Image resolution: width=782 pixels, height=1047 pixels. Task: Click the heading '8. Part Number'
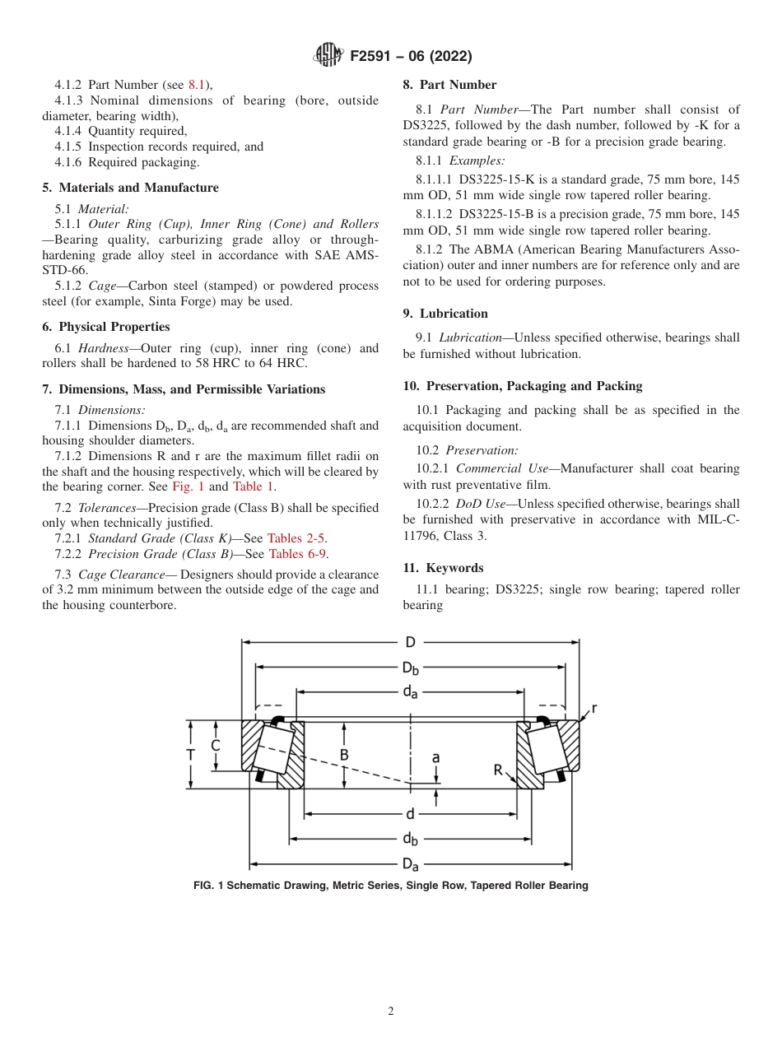[x=449, y=85]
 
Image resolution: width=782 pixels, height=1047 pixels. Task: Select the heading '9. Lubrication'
[x=445, y=314]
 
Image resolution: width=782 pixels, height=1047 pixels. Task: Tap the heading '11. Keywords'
[x=443, y=568]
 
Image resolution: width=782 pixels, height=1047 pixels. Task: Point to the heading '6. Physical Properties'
[x=106, y=327]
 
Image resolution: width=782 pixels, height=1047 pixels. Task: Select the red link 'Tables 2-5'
[x=297, y=538]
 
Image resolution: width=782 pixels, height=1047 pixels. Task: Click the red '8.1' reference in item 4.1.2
[x=198, y=85]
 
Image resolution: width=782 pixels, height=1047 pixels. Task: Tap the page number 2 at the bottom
[x=391, y=1012]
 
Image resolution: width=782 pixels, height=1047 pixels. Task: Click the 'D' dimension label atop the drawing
[x=410, y=642]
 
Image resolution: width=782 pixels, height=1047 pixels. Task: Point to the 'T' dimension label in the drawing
[x=191, y=755]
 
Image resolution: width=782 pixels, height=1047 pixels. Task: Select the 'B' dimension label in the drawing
[x=344, y=755]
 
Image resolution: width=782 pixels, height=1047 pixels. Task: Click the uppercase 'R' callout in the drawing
[x=498, y=770]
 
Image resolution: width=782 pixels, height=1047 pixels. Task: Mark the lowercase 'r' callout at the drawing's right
[x=594, y=708]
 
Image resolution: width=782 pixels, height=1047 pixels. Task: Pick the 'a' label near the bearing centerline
[x=435, y=756]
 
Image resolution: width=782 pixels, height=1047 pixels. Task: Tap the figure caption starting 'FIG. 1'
[x=390, y=886]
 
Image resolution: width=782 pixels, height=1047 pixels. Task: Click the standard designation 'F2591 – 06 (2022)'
[x=411, y=57]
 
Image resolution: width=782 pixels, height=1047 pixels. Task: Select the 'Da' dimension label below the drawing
[x=410, y=864]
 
